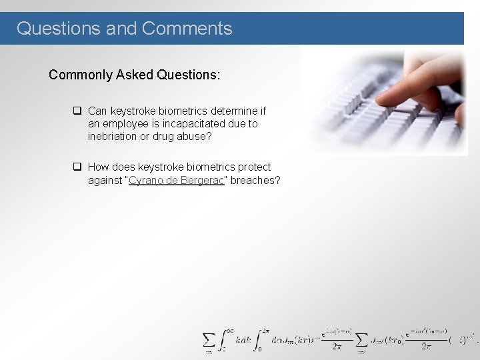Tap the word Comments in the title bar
tap(187, 29)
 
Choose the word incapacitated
tap(192, 124)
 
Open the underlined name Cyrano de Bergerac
tap(176, 181)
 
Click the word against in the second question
tap(105, 181)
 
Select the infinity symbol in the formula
tap(229, 329)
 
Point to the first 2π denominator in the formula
tap(337, 347)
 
